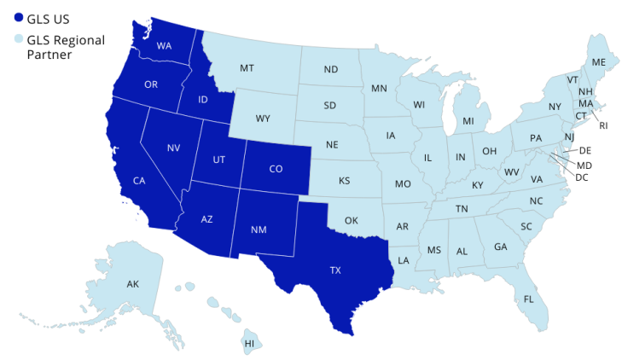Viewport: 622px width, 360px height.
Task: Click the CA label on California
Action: [x=137, y=180]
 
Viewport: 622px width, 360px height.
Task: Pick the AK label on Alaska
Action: [x=132, y=283]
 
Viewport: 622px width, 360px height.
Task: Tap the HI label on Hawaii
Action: [x=249, y=344]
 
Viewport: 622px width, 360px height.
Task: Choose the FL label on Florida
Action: [x=529, y=299]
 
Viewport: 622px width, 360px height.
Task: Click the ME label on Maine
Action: [x=599, y=62]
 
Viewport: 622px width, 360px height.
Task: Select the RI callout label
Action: [x=604, y=126]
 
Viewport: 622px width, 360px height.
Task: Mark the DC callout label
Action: [x=583, y=177]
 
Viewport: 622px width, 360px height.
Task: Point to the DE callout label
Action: [x=585, y=151]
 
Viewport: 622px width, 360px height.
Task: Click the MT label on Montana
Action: [x=247, y=67]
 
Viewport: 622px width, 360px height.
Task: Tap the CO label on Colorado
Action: [x=276, y=169]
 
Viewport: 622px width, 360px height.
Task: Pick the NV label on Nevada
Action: [x=174, y=148]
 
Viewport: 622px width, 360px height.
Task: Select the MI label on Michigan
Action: [x=468, y=121]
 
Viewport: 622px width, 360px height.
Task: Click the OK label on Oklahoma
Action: [x=351, y=220]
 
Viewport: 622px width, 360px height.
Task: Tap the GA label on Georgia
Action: [x=498, y=247]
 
